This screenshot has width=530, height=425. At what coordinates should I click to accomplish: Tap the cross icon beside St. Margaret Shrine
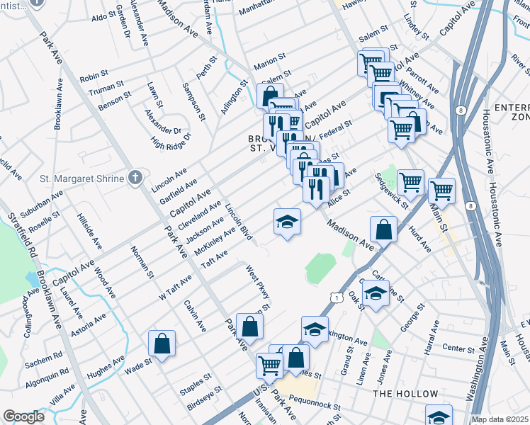point(135,178)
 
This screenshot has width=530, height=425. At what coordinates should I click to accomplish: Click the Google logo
point(24,416)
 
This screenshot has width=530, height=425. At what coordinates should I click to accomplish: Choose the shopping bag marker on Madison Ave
point(383,229)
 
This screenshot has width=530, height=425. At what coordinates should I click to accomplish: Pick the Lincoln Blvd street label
point(238,221)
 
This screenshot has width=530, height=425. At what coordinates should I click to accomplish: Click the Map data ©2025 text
point(499,419)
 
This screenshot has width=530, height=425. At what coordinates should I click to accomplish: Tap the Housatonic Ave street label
point(489,142)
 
